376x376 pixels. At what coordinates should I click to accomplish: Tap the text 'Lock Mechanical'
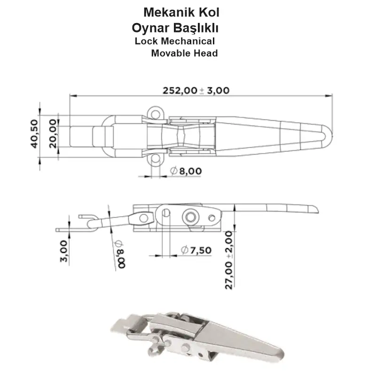[x=174, y=41]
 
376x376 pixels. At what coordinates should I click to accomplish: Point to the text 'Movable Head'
[x=184, y=53]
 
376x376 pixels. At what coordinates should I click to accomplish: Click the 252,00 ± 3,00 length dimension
[x=196, y=90]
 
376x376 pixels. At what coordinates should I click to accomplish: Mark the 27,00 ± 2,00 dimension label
[x=229, y=260]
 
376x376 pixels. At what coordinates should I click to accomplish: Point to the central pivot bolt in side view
[x=190, y=217]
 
